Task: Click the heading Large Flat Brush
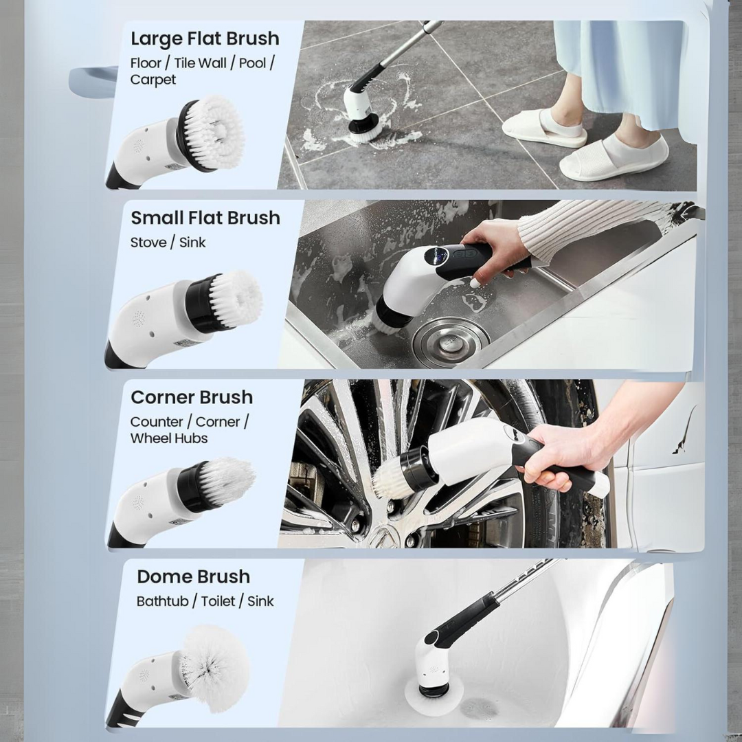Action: [205, 38]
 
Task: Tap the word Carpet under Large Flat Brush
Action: [153, 80]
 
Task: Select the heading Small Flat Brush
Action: [205, 218]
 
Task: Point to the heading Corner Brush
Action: [192, 397]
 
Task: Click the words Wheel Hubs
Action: [169, 438]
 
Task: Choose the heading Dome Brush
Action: [193, 576]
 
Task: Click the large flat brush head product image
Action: [210, 131]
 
